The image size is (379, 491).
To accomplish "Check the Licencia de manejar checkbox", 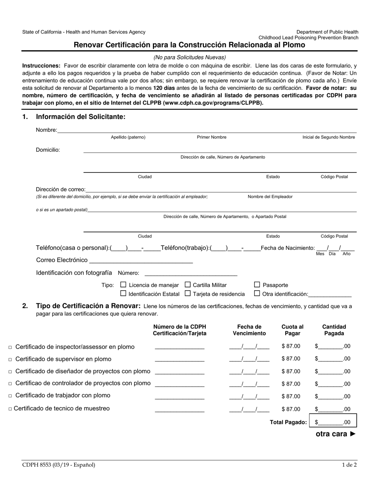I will pos(123,285).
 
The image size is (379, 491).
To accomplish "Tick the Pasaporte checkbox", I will pos(257,285).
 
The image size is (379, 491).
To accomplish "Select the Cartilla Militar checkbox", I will pos(188,285).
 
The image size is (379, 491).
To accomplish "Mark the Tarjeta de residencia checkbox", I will pos(188,294).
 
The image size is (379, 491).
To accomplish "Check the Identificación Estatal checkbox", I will pos(123,294).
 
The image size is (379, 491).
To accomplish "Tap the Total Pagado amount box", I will pos(333,422).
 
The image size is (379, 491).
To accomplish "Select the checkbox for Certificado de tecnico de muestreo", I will pos(10,409).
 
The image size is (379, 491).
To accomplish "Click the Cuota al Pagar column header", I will pos(292,330).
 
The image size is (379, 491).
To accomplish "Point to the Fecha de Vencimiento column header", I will pos(249,330).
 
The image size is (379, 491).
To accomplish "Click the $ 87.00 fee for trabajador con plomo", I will pos(291,396).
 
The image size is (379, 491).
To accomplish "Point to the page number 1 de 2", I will pos(349,465).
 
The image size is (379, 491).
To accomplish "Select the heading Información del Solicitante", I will pos(81,117).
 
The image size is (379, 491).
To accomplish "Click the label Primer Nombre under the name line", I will pos(211,137).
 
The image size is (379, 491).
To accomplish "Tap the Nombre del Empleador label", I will pos(270,197).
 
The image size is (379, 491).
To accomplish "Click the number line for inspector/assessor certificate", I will pos(180,347).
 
